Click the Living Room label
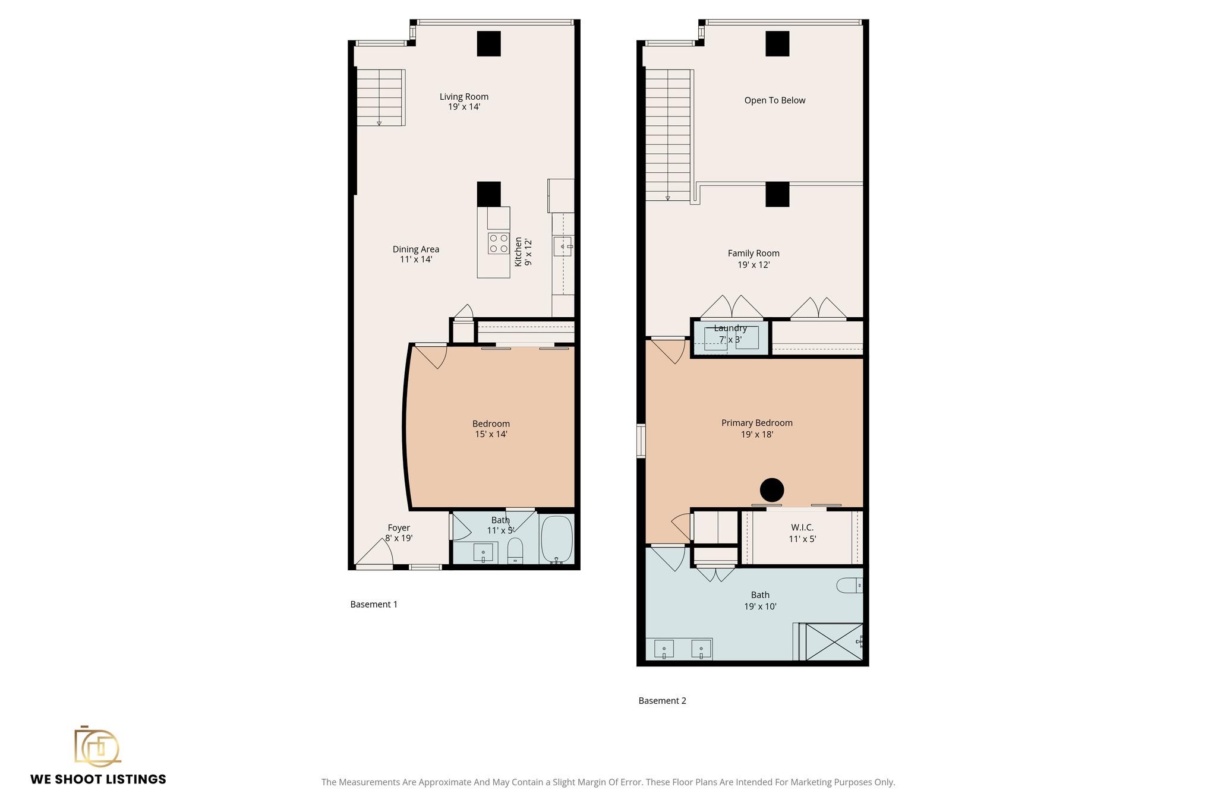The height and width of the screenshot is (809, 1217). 464,102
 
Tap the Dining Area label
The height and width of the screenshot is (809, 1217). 416,254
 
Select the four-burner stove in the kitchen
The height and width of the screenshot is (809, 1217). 499,244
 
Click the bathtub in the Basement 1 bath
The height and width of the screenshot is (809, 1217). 557,539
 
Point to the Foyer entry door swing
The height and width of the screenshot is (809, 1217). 376,552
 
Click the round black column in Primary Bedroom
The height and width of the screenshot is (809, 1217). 772,490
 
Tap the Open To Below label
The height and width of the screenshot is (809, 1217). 775,100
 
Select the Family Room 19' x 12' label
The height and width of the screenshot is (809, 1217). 753,259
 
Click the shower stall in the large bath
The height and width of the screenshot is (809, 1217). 834,641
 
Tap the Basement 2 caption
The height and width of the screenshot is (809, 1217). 662,701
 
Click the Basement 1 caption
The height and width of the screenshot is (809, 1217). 374,605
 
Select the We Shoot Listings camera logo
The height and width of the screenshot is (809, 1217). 97,745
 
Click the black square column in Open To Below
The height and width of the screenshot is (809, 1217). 777,43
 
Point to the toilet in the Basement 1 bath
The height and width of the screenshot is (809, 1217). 515,550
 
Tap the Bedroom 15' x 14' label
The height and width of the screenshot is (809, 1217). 491,429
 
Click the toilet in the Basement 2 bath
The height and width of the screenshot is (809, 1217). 850,586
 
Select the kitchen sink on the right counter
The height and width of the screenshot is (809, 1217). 563,246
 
